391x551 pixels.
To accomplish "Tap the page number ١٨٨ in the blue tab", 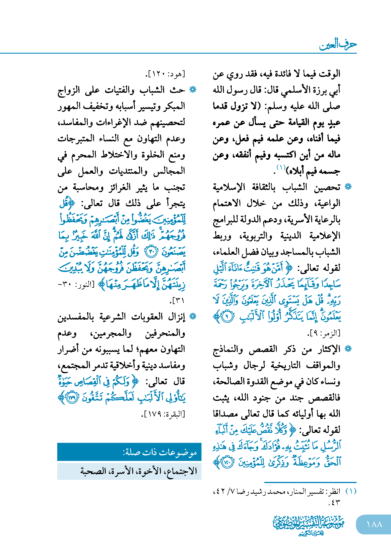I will click(374, 524).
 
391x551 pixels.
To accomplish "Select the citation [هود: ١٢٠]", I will click(165, 74).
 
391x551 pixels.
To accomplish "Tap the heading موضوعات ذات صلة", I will click(160, 452).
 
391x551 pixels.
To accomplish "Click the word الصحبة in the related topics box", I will click(93, 471).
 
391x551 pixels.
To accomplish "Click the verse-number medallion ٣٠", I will click(152, 251).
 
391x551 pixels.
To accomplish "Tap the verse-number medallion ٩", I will click(228, 316).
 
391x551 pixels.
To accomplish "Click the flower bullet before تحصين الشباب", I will click(348, 187).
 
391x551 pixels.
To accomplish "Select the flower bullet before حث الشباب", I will click(193, 90).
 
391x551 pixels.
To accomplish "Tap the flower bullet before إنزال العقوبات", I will click(193, 316).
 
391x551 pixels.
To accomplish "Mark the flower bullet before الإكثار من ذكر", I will click(348, 349).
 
